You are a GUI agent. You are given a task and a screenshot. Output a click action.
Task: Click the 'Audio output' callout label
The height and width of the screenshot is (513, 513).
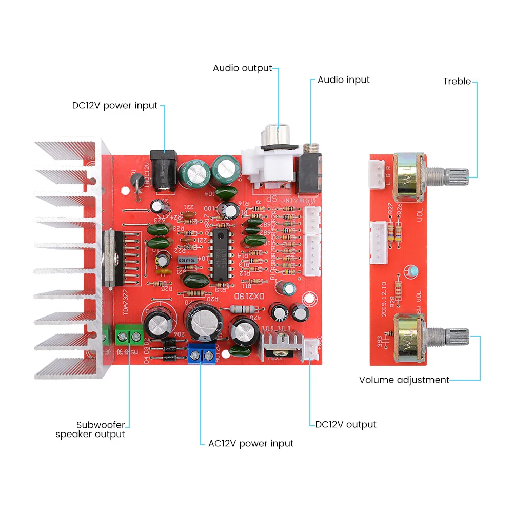pyautogui.click(x=242, y=68)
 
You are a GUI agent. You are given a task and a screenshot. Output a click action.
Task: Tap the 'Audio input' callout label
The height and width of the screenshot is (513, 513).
pyautogui.click(x=343, y=80)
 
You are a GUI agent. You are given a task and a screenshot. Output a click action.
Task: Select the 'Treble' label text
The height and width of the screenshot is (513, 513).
pyautogui.click(x=457, y=81)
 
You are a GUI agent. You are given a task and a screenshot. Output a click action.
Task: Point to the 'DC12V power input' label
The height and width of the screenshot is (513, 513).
pyautogui.click(x=115, y=106)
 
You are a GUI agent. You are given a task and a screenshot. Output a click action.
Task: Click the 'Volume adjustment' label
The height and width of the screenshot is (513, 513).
pyautogui.click(x=404, y=380)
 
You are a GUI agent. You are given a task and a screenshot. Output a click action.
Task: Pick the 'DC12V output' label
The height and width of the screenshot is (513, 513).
pyautogui.click(x=346, y=425)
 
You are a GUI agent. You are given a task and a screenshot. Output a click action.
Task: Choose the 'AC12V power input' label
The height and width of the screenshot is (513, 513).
pyautogui.click(x=251, y=444)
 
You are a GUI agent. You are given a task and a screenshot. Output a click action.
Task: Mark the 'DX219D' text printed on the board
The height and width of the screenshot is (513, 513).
pyautogui.click(x=245, y=296)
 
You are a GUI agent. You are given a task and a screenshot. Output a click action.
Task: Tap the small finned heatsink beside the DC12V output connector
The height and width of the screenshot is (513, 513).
pyautogui.click(x=280, y=341)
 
